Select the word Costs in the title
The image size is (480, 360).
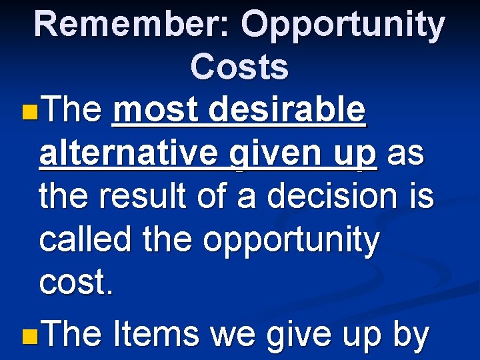(x=239, y=67)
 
